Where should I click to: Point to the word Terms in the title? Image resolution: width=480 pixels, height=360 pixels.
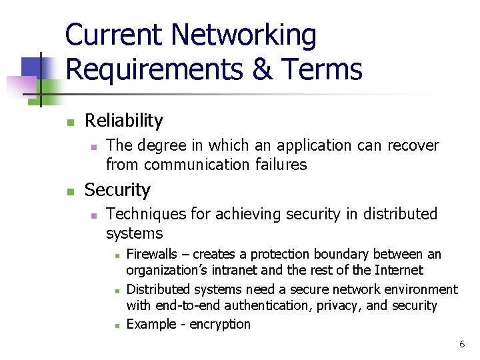tap(323, 69)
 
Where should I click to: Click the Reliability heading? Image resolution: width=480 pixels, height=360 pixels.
tap(124, 121)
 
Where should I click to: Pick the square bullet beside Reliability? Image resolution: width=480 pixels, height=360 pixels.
tap(69, 122)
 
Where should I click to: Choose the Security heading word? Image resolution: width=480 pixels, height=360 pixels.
tap(117, 190)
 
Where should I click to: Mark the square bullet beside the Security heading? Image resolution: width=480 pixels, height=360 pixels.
tap(69, 191)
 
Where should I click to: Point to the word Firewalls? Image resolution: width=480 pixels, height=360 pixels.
tap(152, 254)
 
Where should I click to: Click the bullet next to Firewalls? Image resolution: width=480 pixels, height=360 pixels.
tap(116, 255)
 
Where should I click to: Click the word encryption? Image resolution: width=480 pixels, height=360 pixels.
tap(219, 325)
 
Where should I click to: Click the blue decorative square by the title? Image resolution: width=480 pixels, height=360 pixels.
tap(33, 67)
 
